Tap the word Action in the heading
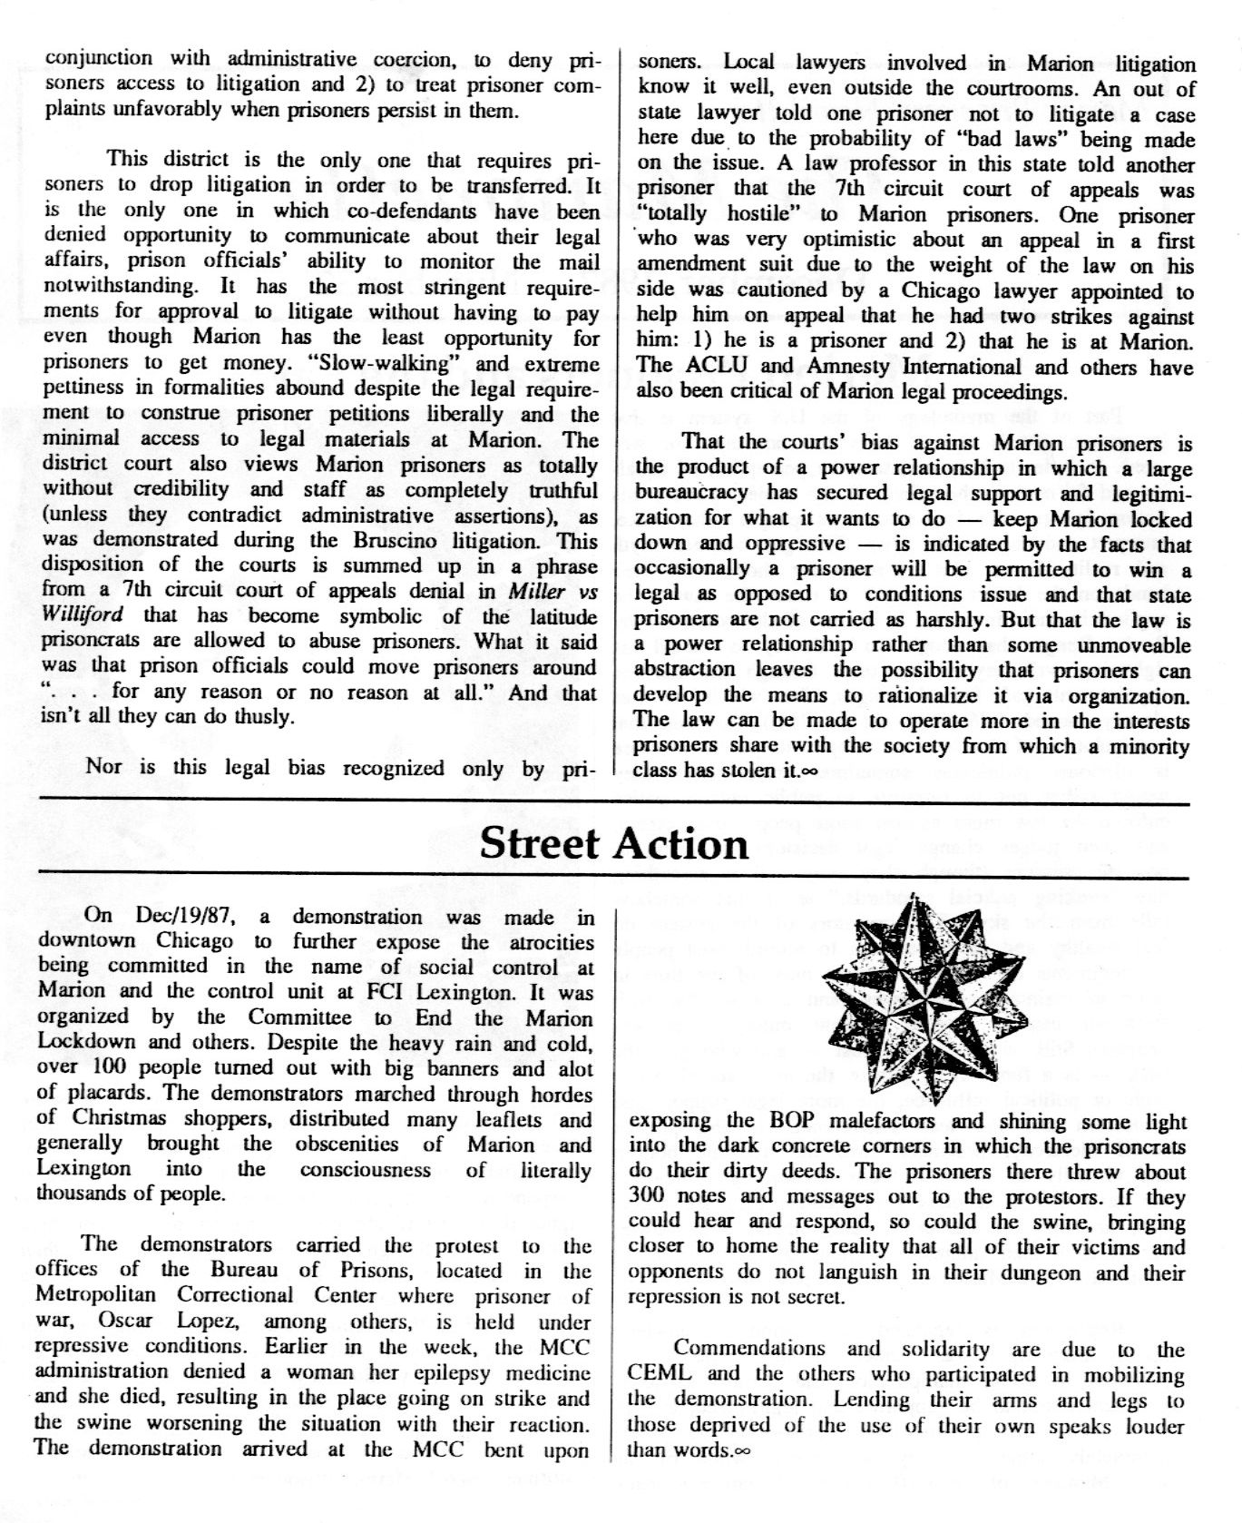681,843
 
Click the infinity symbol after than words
742,1450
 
